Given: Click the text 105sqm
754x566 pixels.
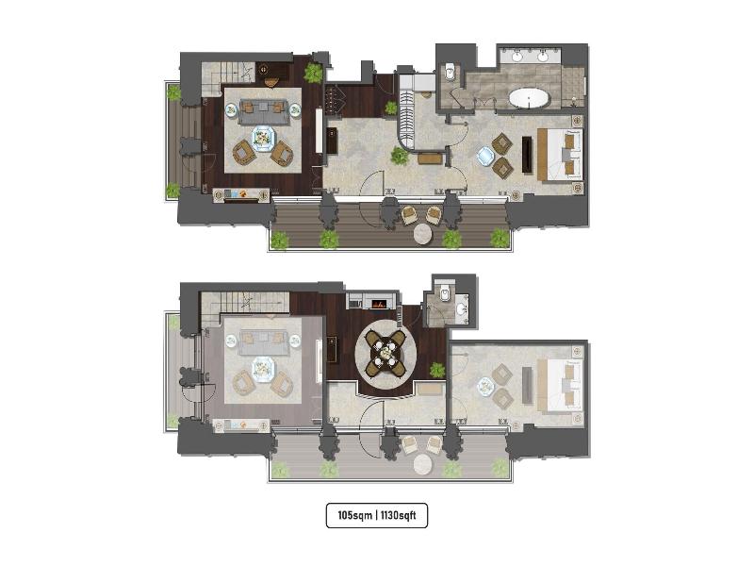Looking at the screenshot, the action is tap(355, 515).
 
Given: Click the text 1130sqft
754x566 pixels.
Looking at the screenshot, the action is tap(398, 515).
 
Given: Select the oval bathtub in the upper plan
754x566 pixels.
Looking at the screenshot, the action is tap(529, 98).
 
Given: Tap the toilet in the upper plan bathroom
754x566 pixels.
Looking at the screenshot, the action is tap(451, 72).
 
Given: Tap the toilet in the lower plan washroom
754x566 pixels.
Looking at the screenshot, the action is tap(445, 291).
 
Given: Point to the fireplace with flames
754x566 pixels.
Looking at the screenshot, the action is tap(379, 304).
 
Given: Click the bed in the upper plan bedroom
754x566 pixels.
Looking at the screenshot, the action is tap(561, 155).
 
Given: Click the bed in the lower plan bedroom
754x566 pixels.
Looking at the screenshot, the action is tap(561, 386).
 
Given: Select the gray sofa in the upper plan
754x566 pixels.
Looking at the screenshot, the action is tap(263, 111).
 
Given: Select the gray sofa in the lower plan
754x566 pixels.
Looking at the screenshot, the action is tap(263, 342).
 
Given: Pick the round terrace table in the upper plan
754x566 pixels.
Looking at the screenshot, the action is tap(423, 234).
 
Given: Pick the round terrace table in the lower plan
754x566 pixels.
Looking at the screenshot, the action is tap(423, 464).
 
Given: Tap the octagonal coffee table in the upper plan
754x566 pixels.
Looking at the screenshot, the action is tap(263, 138).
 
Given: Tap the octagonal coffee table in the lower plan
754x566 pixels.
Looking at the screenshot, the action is tap(263, 369).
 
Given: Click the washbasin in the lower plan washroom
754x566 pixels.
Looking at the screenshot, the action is tap(461, 308).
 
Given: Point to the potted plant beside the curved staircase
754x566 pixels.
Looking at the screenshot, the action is tap(400, 156).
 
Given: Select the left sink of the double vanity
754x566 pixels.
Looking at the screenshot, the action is tap(517, 57).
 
